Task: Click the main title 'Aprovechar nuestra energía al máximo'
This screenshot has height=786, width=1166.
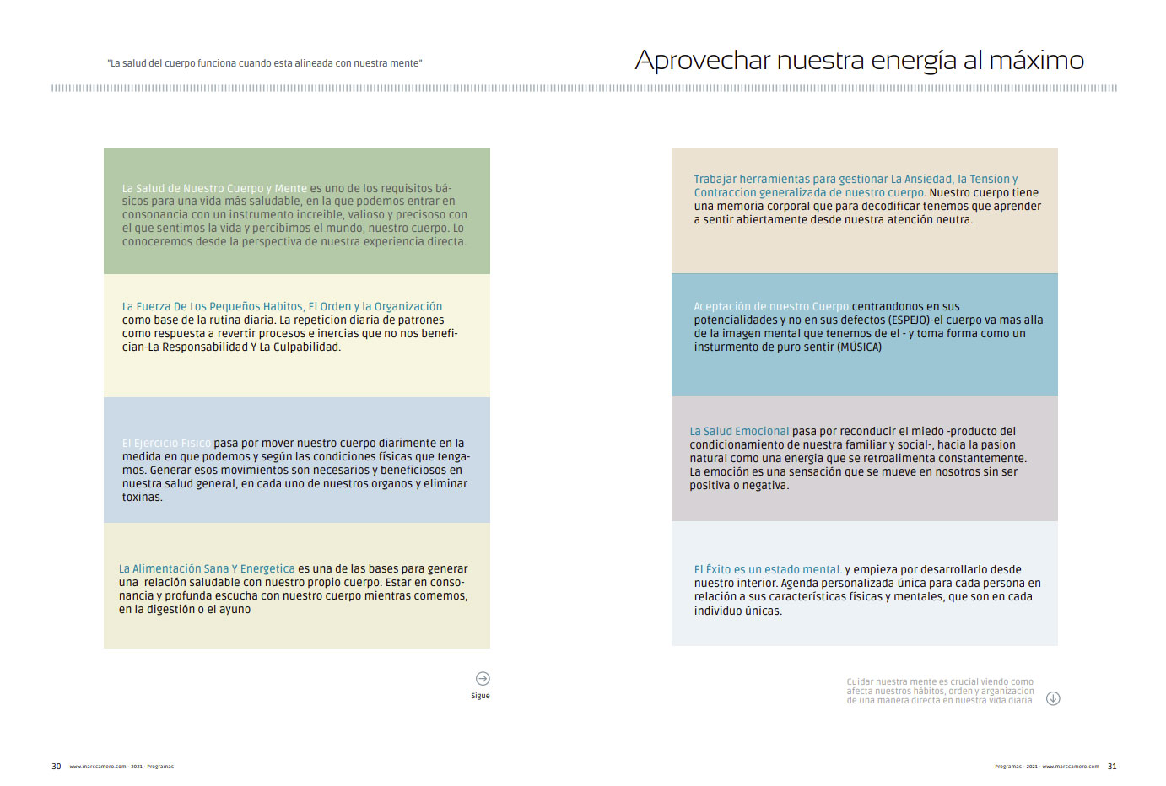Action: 859,61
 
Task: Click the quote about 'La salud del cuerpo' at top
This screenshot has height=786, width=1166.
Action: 265,63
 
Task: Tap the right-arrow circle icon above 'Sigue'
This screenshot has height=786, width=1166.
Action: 483,678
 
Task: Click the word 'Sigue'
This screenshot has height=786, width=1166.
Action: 480,696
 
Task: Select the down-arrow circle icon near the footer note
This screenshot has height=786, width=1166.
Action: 1053,698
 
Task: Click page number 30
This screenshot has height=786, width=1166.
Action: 57,767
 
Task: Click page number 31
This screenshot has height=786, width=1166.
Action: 1112,767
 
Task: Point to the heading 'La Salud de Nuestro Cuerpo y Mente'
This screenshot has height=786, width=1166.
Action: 214,188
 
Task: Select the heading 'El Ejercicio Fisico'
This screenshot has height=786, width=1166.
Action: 166,443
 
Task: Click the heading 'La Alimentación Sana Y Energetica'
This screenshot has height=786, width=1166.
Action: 207,568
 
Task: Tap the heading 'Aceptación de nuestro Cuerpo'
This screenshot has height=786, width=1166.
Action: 771,306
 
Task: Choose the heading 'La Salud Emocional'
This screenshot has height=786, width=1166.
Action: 739,431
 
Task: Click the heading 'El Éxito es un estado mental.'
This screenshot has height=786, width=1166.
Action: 768,569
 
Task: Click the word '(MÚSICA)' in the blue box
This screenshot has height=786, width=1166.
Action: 859,347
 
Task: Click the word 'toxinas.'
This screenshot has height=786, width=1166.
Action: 142,497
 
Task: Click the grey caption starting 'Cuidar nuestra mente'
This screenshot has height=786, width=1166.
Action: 940,691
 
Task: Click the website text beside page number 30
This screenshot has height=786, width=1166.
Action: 97,767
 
